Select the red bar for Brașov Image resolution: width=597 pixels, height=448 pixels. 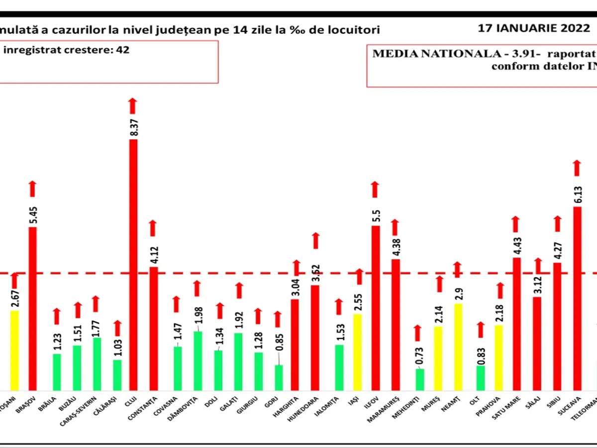(x=33, y=309)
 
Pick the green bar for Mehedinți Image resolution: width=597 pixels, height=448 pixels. (x=420, y=379)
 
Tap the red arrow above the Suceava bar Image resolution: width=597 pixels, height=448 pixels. (x=577, y=168)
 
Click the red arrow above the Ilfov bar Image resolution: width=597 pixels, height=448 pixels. (x=375, y=190)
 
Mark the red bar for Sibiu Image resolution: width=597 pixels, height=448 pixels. (x=557, y=326)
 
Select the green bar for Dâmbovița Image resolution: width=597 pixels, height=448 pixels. (x=198, y=360)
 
